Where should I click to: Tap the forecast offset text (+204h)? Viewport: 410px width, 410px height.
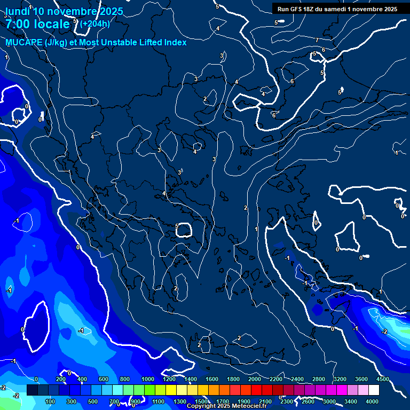coord(95,23)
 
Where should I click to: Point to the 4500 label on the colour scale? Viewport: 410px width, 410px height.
coord(382,379)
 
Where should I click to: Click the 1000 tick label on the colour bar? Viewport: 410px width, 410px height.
coord(148,379)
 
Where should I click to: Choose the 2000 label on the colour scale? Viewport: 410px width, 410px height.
coord(255,379)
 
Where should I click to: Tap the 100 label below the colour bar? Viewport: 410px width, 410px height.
coord(50,401)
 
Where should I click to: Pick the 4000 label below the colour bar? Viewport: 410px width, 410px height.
coord(373,401)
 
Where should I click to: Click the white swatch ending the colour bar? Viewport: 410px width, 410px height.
coord(374,390)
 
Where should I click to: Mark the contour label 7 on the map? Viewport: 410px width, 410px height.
coord(317,40)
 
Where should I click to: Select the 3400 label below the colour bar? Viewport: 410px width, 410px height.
coord(351,401)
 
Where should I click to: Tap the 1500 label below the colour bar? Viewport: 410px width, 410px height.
coord(201,401)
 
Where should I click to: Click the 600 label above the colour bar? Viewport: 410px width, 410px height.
coord(104,379)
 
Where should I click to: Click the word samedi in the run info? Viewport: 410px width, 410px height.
coord(335,9)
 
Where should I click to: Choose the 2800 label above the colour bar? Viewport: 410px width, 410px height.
coord(319,379)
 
